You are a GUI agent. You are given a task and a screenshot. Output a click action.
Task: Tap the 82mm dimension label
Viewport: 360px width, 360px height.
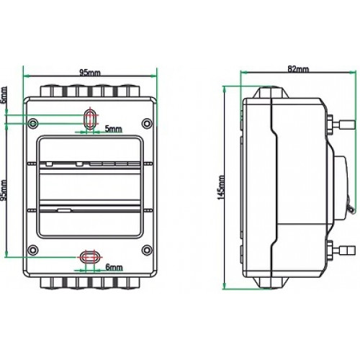pyautogui.click(x=297, y=69)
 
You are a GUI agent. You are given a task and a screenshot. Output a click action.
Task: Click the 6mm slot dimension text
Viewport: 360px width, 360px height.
pyautogui.click(x=113, y=267)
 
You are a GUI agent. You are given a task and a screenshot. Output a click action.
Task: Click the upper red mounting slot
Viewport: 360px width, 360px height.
pyautogui.click(x=89, y=119)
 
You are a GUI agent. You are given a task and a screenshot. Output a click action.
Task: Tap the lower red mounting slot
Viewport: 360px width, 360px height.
pyautogui.click(x=89, y=256)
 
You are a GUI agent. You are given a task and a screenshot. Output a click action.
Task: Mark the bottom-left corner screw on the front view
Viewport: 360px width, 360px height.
pyautogui.click(x=32, y=250)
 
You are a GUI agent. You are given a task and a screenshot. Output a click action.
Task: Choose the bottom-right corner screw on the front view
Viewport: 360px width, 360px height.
pyautogui.click(x=146, y=250)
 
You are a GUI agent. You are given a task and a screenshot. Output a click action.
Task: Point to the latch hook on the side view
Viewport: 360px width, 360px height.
pyautogui.click(x=348, y=210)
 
